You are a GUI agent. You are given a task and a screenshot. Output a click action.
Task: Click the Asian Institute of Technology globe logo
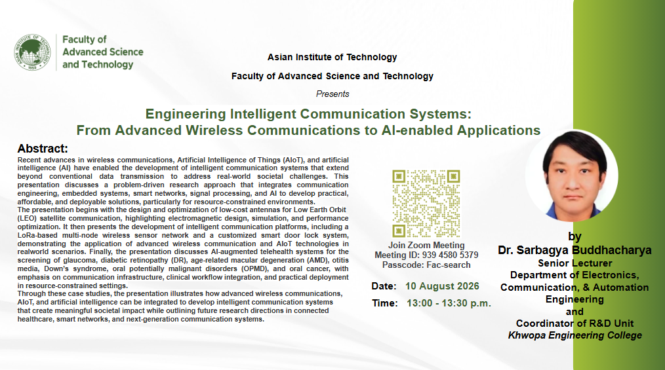32,52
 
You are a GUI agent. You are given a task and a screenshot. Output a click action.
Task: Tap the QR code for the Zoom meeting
426,204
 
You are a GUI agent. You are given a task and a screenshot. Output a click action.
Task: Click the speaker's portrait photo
572,176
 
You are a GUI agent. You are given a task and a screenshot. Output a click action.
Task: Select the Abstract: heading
43,149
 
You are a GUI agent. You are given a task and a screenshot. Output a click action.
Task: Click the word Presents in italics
332,94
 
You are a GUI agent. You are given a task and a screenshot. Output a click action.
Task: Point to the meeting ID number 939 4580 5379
450,255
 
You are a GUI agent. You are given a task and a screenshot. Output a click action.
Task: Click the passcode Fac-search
449,265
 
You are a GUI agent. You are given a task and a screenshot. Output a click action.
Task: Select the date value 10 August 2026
442,286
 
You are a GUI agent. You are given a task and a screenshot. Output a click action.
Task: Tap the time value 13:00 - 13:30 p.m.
449,303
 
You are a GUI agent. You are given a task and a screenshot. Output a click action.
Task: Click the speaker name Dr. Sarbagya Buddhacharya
574,250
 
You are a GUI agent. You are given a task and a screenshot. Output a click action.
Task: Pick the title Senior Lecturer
574,263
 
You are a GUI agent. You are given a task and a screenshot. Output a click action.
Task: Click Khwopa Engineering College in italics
574,335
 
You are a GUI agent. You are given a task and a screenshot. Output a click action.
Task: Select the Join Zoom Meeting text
426,245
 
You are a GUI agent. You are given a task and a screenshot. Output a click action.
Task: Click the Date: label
384,286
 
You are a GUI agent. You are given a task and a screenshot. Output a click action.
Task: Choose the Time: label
385,303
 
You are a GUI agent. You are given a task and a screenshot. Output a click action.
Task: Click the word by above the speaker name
574,236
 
